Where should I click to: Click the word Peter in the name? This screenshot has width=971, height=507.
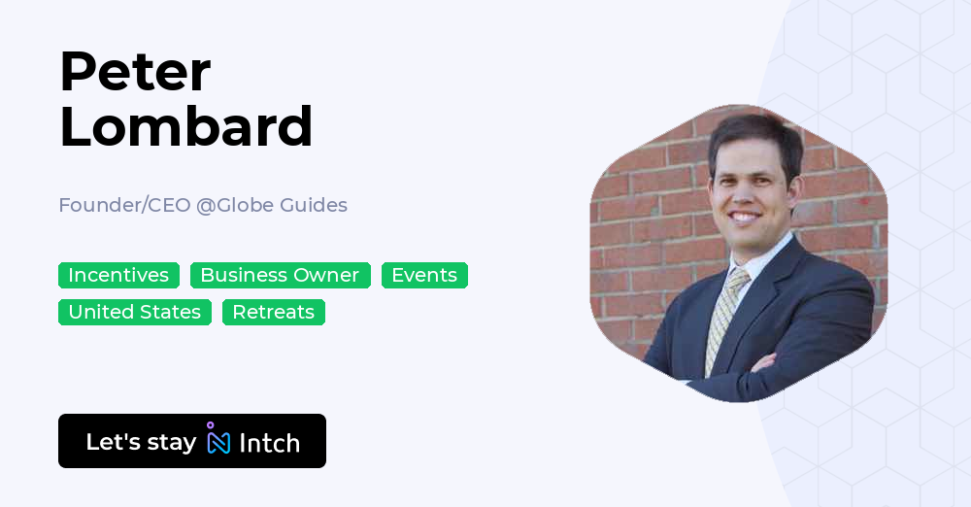point(134,71)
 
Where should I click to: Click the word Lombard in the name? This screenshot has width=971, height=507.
point(185,126)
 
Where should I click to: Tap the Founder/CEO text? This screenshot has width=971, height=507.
point(124,205)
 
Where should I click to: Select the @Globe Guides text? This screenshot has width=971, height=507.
point(272,205)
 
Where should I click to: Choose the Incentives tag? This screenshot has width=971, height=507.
point(118,276)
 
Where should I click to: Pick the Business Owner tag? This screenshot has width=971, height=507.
point(280,276)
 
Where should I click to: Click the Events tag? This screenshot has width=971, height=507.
point(424,276)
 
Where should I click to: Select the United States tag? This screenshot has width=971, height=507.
point(134,312)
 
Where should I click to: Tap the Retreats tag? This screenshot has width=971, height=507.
point(274,312)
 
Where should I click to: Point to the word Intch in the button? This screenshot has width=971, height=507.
point(269,443)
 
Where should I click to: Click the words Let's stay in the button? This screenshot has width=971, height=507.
point(141,442)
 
